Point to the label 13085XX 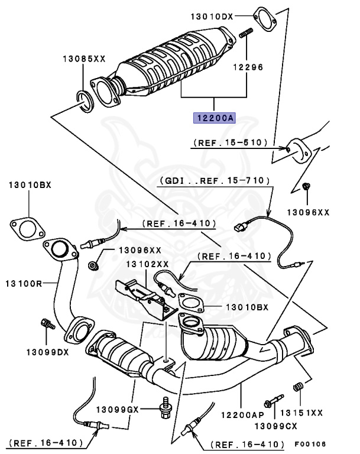(84, 59)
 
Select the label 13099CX (275, 426)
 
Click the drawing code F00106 (311, 443)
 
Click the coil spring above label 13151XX (299, 387)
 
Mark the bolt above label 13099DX (47, 324)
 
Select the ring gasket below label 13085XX (85, 100)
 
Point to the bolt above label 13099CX (273, 403)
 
